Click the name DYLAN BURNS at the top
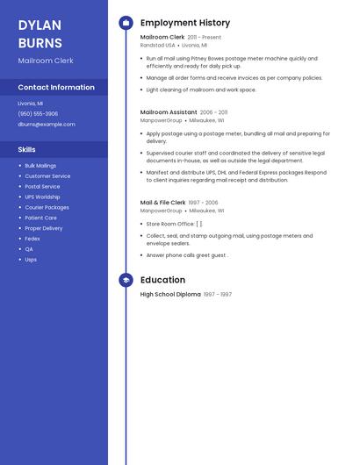(x=40, y=34)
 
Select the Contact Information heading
(x=56, y=88)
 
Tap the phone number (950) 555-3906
(x=38, y=114)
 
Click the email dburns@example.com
(x=47, y=125)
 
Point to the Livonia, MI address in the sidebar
(x=30, y=104)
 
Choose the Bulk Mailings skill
(x=40, y=166)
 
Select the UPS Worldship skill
(x=42, y=197)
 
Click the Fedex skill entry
(x=32, y=239)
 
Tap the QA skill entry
(x=29, y=249)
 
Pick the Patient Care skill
(x=40, y=218)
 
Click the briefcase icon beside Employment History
(x=126, y=23)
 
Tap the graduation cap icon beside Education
(x=126, y=281)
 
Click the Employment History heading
(x=185, y=23)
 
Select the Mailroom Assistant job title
(x=169, y=113)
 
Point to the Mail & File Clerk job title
(x=162, y=203)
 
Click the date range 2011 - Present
(x=205, y=38)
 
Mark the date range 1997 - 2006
(x=203, y=203)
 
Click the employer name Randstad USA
(x=158, y=46)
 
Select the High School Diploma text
(x=170, y=295)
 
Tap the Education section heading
(x=162, y=281)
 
